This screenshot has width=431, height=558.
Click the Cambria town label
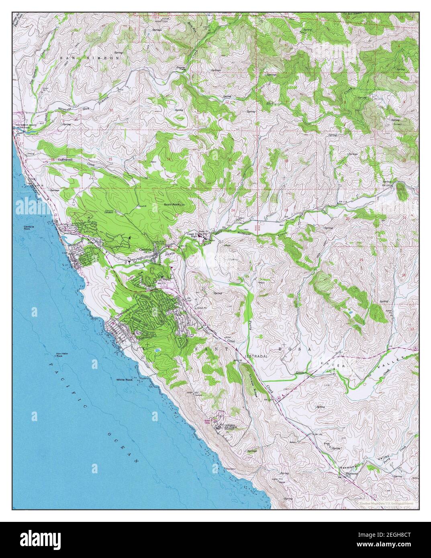[x=145, y=249]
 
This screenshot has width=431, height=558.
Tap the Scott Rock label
[x=172, y=204]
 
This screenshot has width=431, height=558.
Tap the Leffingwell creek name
[x=67, y=159]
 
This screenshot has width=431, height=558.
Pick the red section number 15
[x=109, y=160]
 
